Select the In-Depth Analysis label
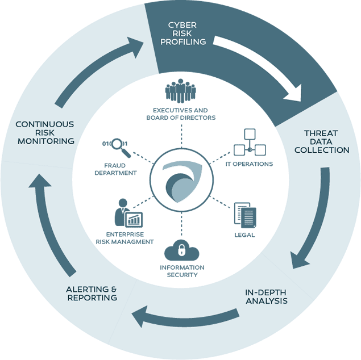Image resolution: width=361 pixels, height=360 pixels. (x=267, y=296)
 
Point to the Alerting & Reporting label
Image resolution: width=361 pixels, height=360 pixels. (x=92, y=294)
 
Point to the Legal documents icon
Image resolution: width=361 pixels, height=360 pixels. (x=245, y=215)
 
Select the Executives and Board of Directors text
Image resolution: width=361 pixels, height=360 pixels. (x=180, y=114)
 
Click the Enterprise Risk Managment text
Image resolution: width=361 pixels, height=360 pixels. (x=130, y=238)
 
